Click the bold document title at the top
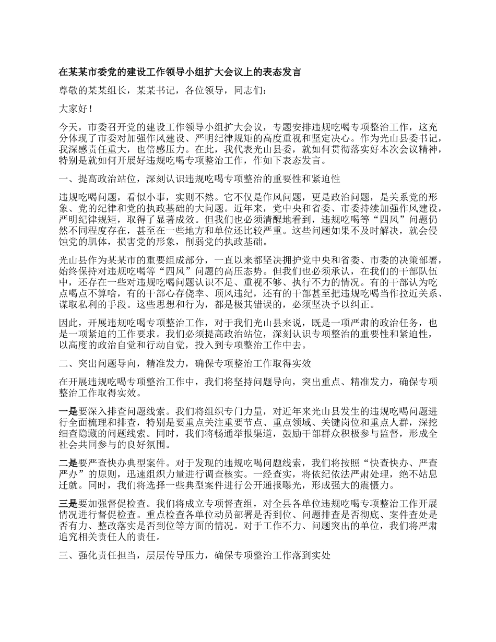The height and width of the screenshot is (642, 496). [x=180, y=73]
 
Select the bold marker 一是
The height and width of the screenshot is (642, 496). [x=68, y=410]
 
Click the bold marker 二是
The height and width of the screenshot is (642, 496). [x=68, y=462]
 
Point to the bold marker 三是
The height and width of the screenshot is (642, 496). [x=68, y=504]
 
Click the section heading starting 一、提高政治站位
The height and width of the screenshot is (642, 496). [x=200, y=180]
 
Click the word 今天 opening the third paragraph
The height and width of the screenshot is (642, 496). [x=68, y=127]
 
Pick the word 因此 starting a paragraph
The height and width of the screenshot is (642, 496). [x=68, y=323]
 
